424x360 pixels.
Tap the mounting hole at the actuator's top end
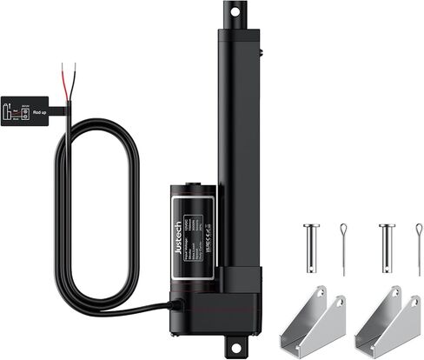[233, 10]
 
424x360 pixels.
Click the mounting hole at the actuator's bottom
[232, 346]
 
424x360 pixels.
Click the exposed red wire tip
[75, 67]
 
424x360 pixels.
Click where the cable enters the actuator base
[177, 305]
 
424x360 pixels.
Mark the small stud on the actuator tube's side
[261, 54]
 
